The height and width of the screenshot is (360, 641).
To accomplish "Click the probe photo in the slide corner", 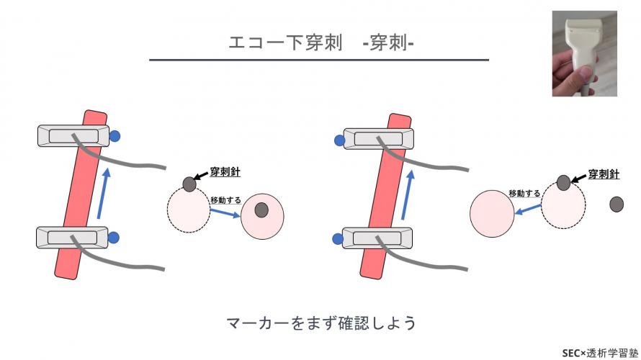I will [x=584, y=53].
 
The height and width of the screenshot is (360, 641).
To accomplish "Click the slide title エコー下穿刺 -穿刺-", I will [x=319, y=43].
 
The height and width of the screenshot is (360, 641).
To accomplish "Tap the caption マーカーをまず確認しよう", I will [x=320, y=323].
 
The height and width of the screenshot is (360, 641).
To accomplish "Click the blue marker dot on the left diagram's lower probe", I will [x=114, y=237].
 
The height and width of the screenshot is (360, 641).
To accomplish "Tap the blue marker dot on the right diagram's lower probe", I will [x=336, y=238].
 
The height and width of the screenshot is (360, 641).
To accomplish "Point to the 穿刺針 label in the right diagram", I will [x=604, y=174].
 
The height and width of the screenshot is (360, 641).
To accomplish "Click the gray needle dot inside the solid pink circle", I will [x=261, y=210].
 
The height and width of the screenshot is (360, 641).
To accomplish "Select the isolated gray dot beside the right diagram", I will [x=617, y=204].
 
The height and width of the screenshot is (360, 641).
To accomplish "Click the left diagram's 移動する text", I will [x=225, y=199].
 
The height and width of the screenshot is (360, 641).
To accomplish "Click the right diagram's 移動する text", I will [x=524, y=193].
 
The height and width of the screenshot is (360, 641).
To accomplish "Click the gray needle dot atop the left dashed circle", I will [x=189, y=184].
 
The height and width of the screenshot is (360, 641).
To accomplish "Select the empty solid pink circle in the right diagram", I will [x=491, y=212].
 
